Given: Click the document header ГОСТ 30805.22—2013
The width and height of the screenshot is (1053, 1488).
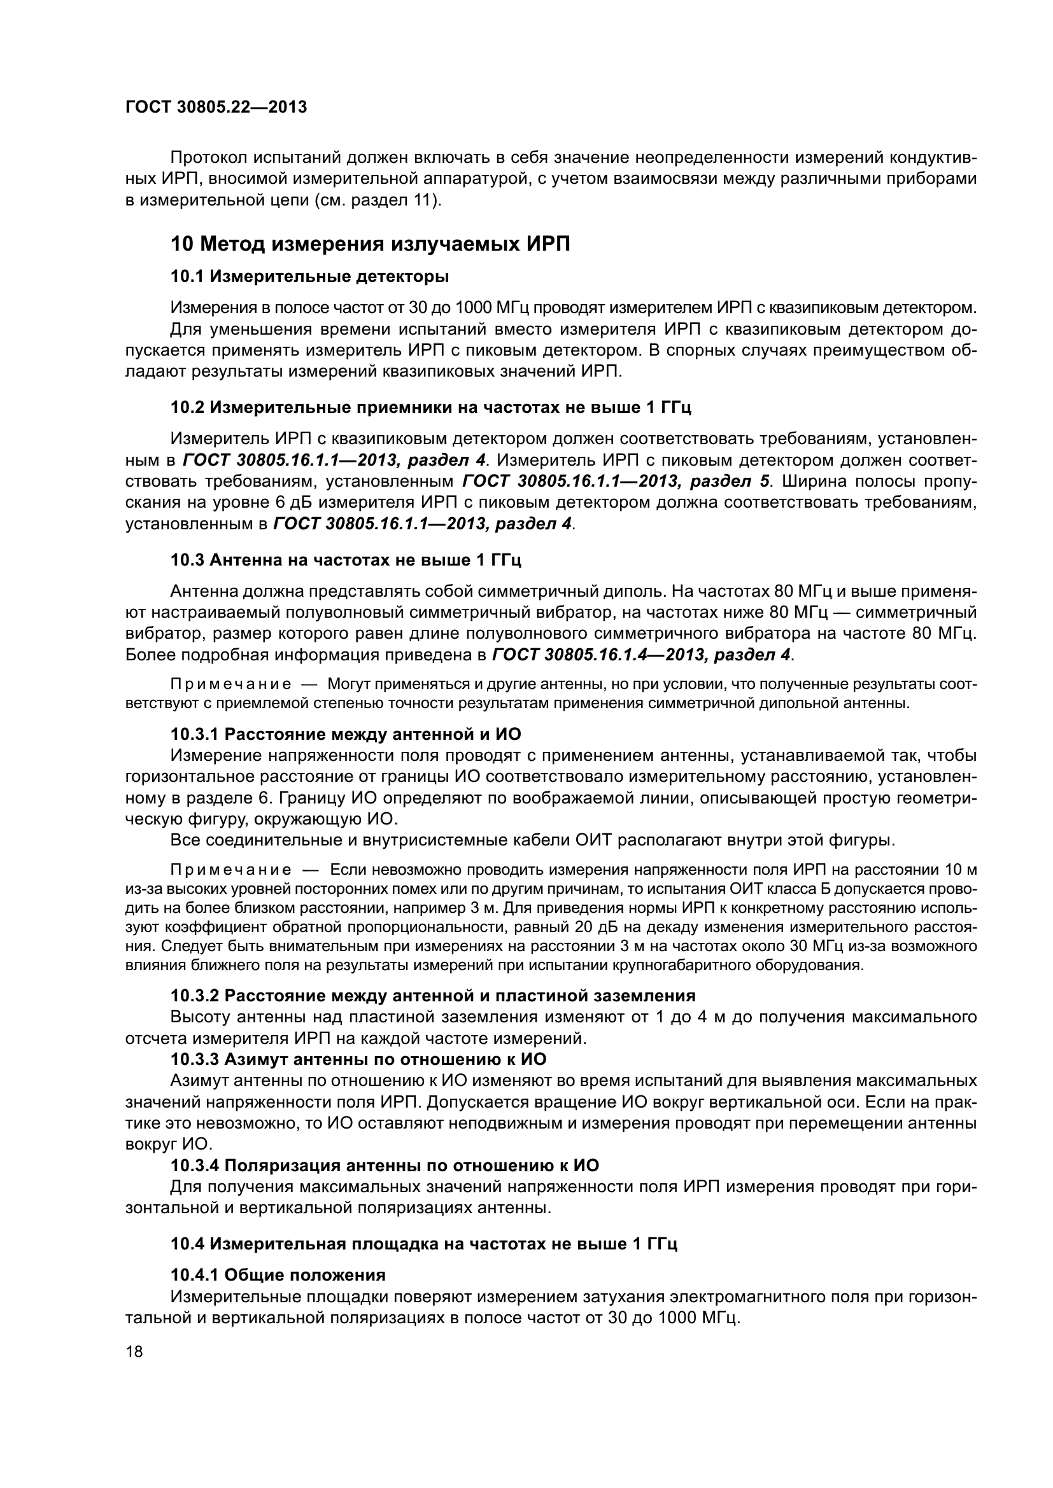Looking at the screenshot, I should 216,107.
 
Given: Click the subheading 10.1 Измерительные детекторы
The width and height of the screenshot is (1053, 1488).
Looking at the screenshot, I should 309,277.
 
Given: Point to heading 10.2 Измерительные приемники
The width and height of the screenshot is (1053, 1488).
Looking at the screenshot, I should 430,408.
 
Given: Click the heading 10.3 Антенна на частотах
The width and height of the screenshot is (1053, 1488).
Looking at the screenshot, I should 346,560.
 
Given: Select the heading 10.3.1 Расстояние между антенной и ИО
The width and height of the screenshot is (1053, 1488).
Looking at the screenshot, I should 346,734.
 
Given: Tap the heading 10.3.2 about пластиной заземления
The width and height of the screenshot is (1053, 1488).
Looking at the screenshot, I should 432,996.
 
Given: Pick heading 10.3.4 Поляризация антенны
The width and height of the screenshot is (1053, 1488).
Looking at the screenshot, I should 385,1165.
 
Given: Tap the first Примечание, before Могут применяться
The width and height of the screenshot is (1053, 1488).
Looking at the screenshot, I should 230,685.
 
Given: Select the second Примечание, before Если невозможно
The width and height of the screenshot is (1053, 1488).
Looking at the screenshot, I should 230,870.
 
